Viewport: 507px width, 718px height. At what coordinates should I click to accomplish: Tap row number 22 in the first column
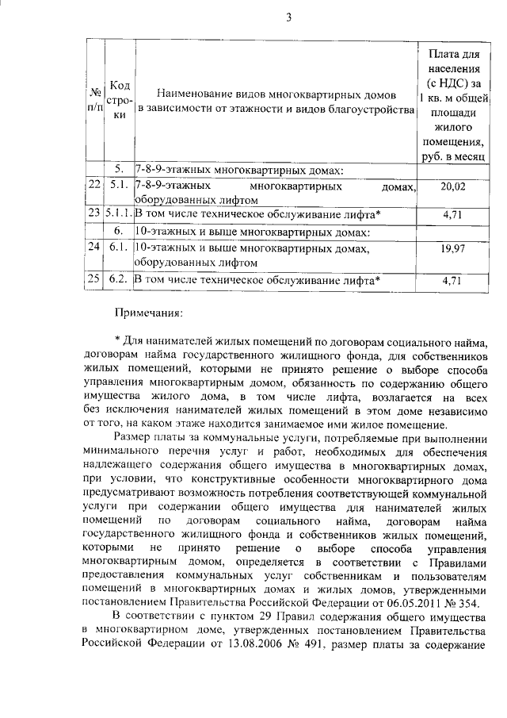point(93,186)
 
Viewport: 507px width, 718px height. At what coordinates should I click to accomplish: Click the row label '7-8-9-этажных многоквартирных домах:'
point(238,170)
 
